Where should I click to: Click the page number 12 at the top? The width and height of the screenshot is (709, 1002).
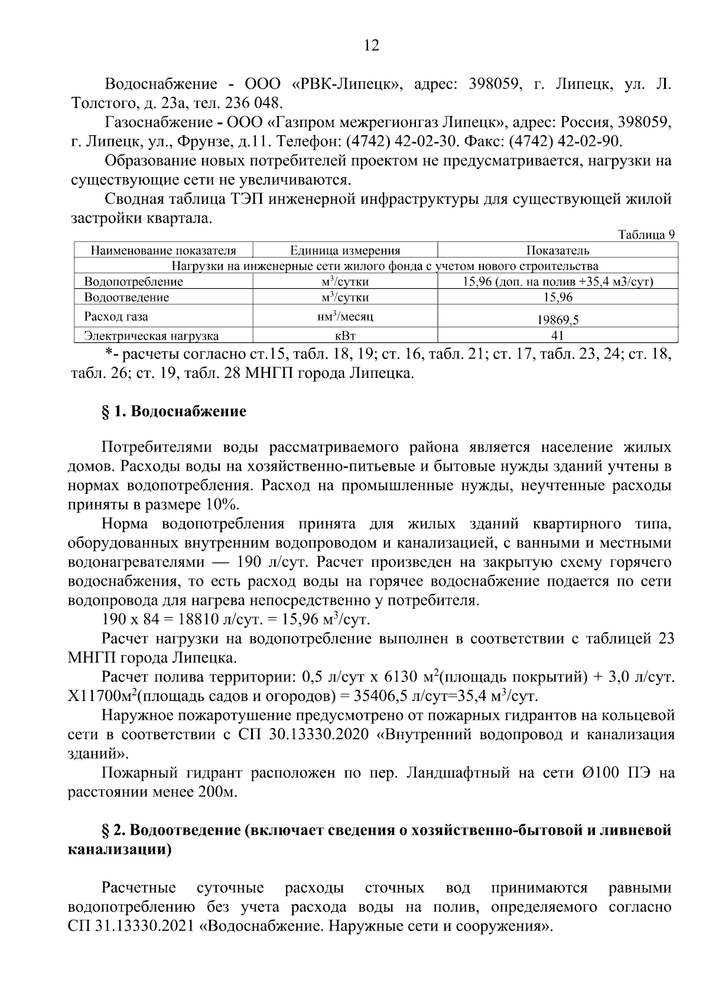(372, 45)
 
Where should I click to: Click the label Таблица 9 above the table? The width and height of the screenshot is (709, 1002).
(646, 234)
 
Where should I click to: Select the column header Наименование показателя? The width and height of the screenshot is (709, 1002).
(163, 250)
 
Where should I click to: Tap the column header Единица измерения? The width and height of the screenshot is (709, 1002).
(345, 250)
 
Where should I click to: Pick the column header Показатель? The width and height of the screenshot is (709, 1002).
(557, 250)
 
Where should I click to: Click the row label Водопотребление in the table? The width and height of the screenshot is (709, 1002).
(134, 282)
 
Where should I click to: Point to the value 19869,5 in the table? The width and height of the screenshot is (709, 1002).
(557, 320)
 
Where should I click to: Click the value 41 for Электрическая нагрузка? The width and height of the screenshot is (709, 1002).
(557, 336)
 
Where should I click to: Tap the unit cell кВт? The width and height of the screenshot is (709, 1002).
(345, 336)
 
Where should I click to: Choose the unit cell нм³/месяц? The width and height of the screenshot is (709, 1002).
(345, 317)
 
